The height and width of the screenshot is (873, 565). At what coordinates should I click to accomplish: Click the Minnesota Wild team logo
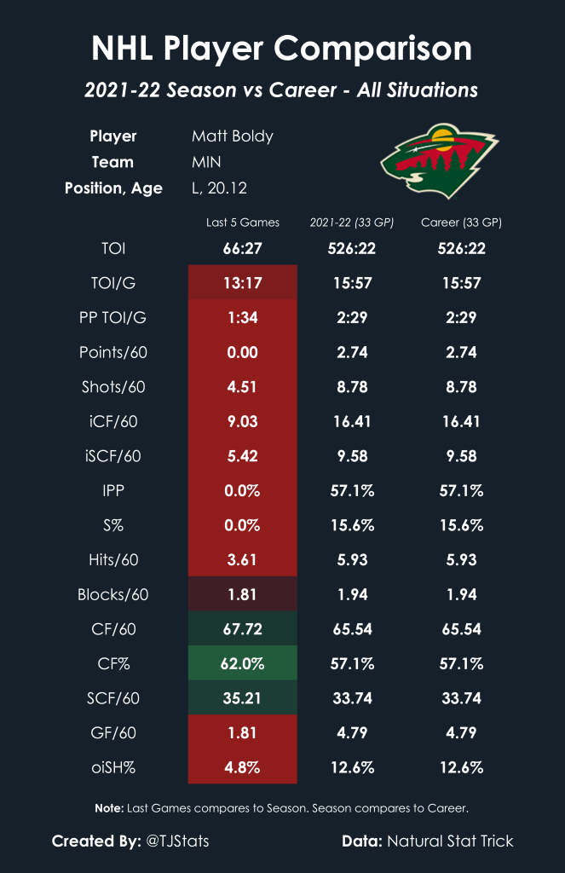point(440,162)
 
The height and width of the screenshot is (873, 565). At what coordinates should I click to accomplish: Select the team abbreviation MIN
point(206,162)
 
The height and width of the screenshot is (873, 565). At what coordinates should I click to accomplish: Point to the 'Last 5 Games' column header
point(243,223)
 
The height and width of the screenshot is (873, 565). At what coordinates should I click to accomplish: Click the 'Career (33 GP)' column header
point(461,223)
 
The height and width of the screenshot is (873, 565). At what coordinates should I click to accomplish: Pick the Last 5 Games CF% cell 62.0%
point(243,663)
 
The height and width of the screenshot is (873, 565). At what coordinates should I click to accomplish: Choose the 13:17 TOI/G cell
point(243,282)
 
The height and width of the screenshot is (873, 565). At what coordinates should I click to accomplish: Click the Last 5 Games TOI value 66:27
point(243,249)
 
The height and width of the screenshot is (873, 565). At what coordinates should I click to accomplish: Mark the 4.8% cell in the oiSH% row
point(243,767)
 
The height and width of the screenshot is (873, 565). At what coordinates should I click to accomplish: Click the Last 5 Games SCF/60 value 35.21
point(243,698)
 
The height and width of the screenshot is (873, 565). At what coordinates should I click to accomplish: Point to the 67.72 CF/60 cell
point(243,629)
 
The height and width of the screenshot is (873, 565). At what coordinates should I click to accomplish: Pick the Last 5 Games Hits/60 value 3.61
point(243,559)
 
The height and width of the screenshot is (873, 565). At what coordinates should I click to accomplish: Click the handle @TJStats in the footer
point(177,841)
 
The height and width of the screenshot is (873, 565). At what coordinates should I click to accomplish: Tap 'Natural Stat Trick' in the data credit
point(451,841)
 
